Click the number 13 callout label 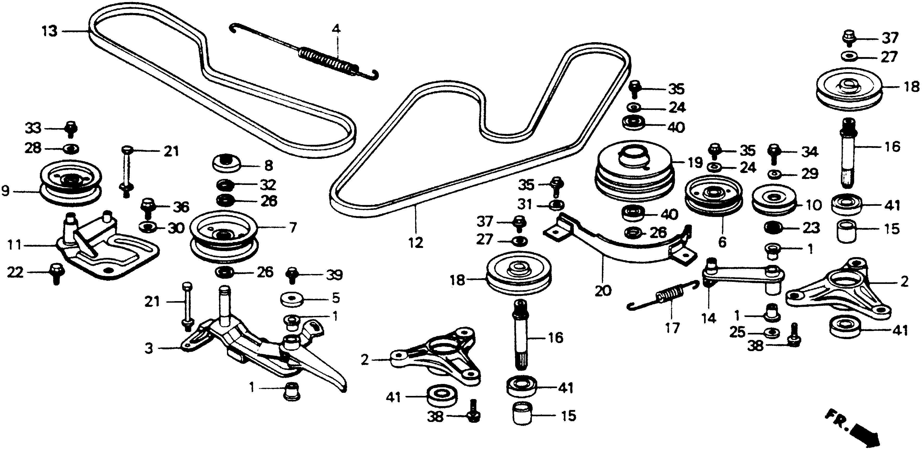pyautogui.click(x=50, y=31)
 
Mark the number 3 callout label pyautogui.click(x=149, y=348)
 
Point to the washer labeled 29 pyautogui.click(x=775, y=174)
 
